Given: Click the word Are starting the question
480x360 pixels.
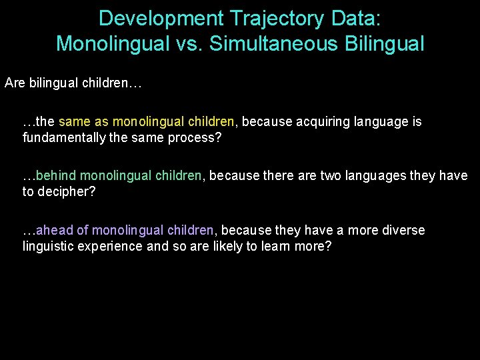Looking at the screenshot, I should (x=15, y=84).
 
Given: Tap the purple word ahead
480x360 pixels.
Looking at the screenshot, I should (x=55, y=230).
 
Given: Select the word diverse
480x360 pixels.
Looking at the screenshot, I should (x=403, y=230).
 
